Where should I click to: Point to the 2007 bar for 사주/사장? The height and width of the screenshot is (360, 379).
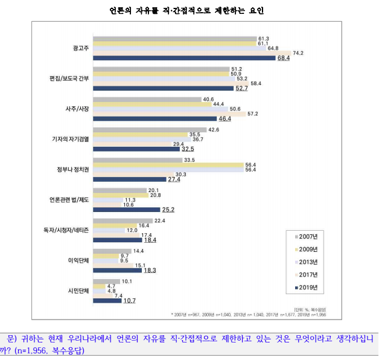click(147, 99)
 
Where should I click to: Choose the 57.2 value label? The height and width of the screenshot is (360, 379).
click(269, 114)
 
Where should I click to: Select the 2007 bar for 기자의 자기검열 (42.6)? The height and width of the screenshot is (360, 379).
click(149, 130)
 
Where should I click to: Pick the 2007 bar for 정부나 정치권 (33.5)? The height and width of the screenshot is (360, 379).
click(137, 160)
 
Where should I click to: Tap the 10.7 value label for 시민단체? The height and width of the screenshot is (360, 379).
click(130, 301)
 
